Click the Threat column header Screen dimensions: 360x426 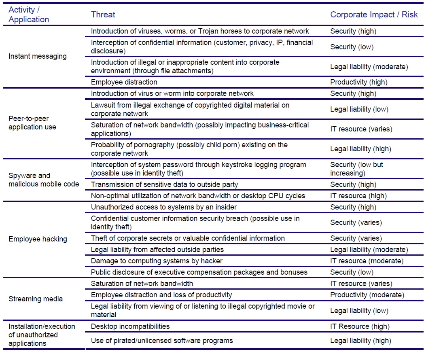click(x=103, y=15)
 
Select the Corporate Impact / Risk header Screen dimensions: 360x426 click(x=374, y=15)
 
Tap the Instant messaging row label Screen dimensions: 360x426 click(x=38, y=56)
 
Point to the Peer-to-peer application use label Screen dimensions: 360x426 click(x=32, y=123)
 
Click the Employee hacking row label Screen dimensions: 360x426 click(x=38, y=239)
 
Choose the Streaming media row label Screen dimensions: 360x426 click(x=36, y=299)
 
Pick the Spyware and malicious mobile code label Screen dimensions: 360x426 click(x=44, y=180)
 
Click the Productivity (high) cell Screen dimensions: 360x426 click(x=358, y=82)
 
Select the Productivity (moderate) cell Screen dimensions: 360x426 click(x=367, y=295)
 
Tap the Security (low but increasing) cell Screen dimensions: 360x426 click(x=357, y=169)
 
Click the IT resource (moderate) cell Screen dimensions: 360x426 click(x=367, y=261)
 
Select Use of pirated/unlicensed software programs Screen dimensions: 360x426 click(x=162, y=340)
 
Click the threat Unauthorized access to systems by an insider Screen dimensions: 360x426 click(x=164, y=207)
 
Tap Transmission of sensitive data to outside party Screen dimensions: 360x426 click(x=164, y=184)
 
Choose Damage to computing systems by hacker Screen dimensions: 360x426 click(x=157, y=261)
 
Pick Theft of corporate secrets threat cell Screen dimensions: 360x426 click(x=188, y=238)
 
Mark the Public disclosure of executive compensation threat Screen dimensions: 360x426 click(x=199, y=272)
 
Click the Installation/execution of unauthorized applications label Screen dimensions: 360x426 click(x=42, y=335)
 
